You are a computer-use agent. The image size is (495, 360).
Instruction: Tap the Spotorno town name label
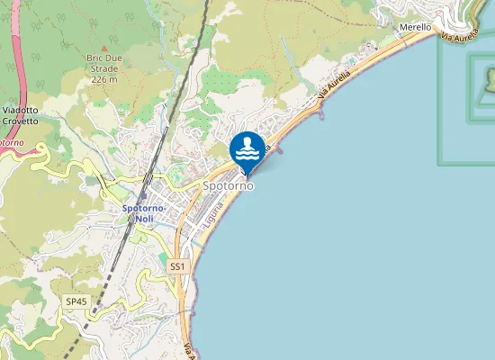tap(228, 185)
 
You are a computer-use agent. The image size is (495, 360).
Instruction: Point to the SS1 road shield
tap(176, 266)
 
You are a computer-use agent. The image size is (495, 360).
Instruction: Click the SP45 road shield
tap(76, 301)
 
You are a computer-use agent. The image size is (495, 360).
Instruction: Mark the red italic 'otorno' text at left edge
tap(11, 142)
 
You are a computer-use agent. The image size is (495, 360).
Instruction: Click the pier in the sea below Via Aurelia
tap(321, 114)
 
